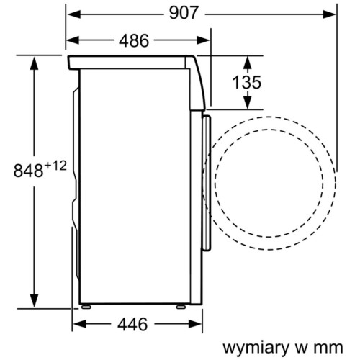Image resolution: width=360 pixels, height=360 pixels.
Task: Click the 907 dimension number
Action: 184,13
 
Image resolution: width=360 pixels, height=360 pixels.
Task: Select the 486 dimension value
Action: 134,40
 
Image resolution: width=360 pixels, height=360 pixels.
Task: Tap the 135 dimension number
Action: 247,82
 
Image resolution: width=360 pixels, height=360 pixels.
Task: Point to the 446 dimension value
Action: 132,324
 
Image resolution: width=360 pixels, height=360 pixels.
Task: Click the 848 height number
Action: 28,171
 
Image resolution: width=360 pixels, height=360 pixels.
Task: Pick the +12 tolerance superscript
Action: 55,166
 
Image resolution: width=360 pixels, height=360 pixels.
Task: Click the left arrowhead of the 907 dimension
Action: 74,14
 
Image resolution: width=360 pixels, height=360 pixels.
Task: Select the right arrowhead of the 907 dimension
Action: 329,14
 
